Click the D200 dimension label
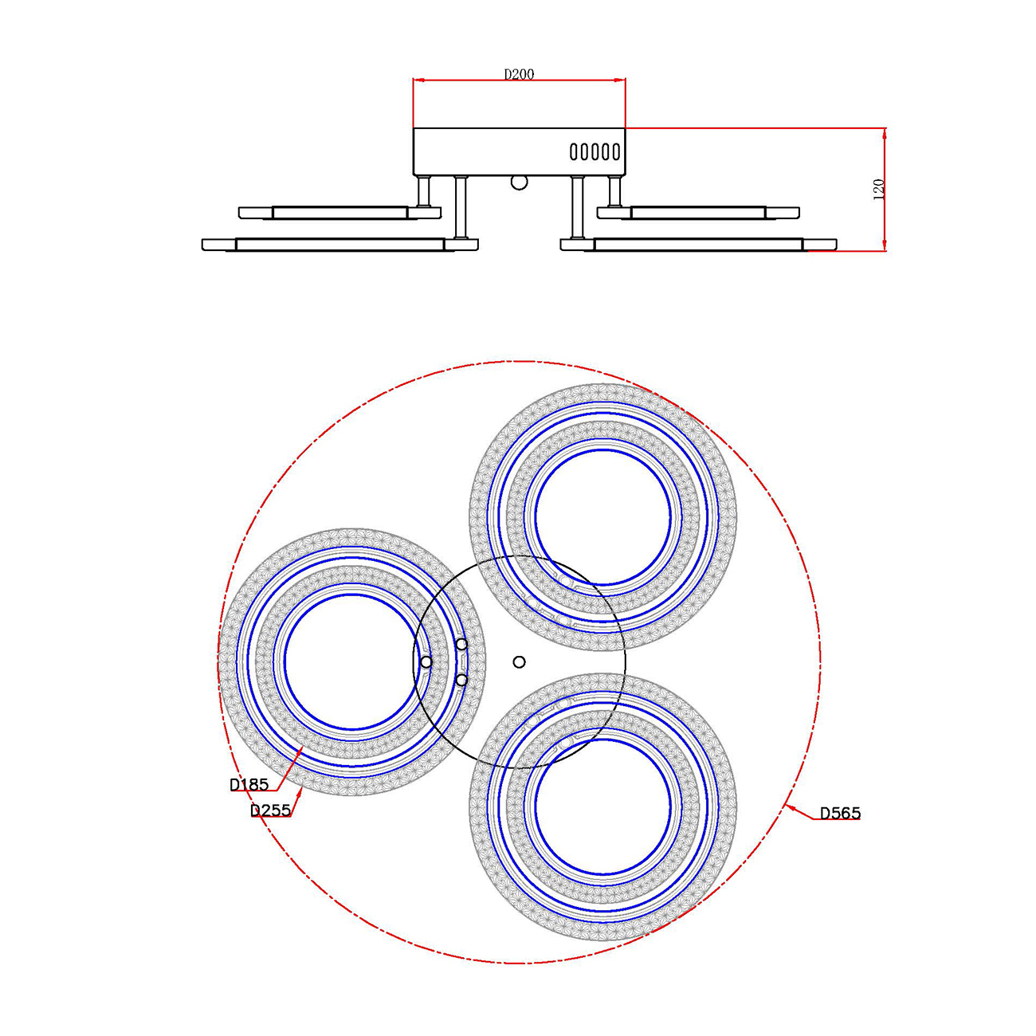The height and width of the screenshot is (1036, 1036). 519,74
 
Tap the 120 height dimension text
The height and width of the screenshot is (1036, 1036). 878,190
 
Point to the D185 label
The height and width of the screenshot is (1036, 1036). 249,785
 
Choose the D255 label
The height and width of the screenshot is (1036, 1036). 270,810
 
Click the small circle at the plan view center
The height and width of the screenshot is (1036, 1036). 519,661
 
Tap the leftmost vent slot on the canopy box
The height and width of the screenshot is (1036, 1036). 574,152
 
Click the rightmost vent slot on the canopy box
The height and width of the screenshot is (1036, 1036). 615,152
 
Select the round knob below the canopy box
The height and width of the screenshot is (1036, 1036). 520,182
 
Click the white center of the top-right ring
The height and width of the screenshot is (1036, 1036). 602,516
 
